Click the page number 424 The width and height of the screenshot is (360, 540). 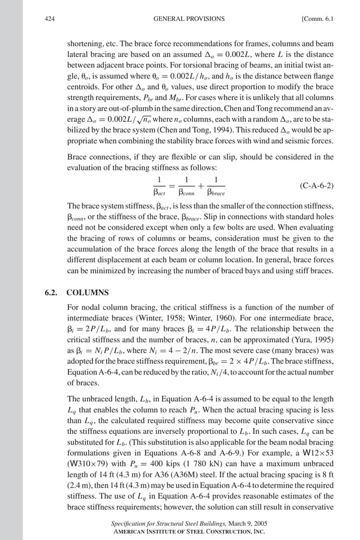pyautogui.click(x=49, y=19)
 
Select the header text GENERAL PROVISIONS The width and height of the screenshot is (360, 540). pyautogui.click(x=188, y=19)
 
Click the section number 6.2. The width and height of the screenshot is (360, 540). pyautogui.click(x=51, y=293)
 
